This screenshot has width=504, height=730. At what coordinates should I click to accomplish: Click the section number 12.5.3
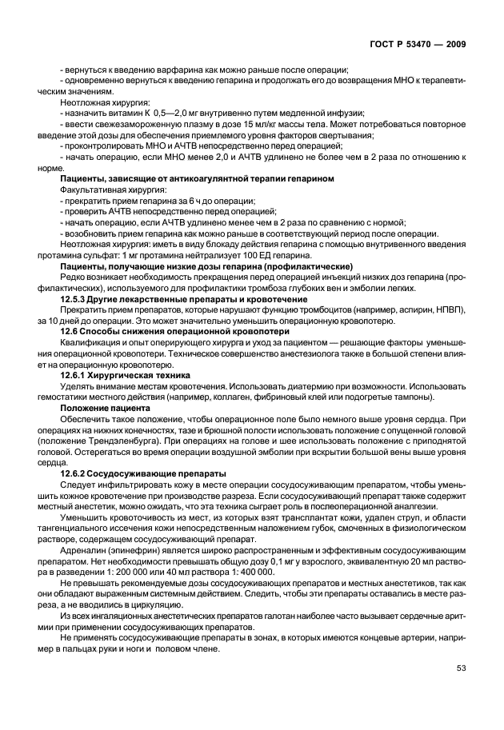pyautogui.click(x=78, y=298)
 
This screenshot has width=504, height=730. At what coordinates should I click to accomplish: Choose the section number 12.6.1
pyautogui.click(x=78, y=373)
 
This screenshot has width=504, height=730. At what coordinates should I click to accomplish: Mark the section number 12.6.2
pyautogui.click(x=78, y=473)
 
